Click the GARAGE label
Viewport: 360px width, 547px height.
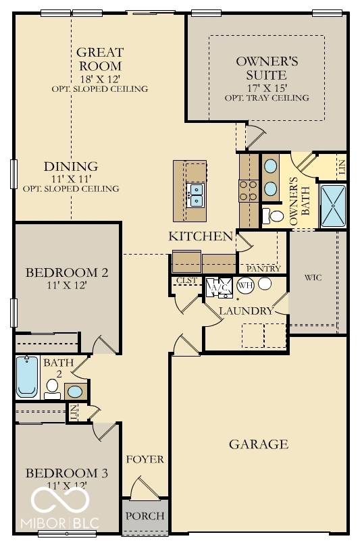point(258,444)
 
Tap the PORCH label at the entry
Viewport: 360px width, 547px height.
point(145,516)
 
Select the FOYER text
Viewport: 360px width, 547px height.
point(145,459)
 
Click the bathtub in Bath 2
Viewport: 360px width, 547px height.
point(27,377)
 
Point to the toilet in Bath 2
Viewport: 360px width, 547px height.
point(53,386)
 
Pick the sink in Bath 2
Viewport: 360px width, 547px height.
point(76,391)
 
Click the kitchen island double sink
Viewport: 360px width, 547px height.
point(197,194)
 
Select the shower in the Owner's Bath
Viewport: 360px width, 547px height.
point(332,205)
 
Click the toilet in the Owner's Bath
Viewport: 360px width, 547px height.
point(274,216)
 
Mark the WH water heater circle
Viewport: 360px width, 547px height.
point(245,284)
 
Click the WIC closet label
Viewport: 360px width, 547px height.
point(312,277)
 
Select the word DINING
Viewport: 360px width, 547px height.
point(71,166)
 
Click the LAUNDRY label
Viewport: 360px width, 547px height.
point(246,311)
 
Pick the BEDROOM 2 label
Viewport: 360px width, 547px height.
point(67,273)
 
